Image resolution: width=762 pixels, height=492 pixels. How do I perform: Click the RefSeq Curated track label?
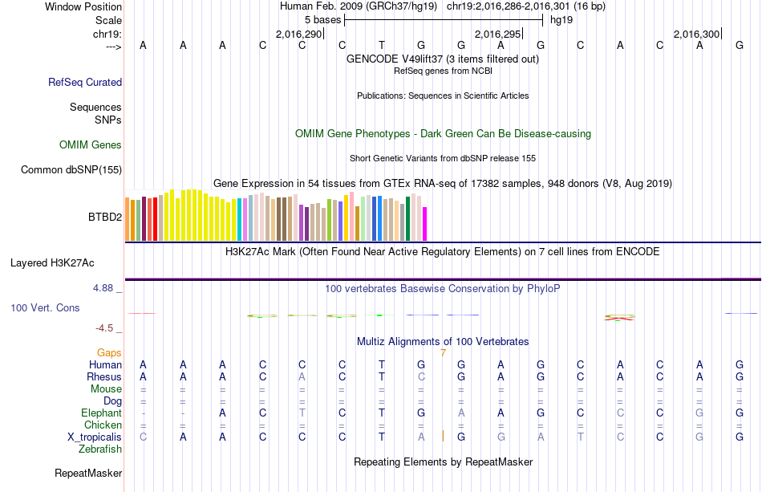85,82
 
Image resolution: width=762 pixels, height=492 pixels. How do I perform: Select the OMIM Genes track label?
91,145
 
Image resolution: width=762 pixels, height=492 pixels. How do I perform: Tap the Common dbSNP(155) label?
71,169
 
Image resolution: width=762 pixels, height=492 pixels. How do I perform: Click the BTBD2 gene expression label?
105,217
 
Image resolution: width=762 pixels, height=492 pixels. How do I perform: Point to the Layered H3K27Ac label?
52,262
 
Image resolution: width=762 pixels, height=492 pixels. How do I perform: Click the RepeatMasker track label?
88,474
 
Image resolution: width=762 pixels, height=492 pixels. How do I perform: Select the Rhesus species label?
104,376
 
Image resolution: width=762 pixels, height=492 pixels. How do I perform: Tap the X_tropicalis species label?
95,437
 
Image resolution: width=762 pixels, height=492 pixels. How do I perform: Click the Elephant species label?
101,413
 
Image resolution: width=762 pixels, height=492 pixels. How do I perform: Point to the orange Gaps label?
109,352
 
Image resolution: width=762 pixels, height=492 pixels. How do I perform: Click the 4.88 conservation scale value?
104,287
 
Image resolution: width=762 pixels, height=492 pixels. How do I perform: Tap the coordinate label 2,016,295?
497,34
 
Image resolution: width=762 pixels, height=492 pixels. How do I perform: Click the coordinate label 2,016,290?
298,34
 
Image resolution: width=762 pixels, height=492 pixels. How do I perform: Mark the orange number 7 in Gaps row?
443,352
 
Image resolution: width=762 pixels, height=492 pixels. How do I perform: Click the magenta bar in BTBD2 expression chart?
425,223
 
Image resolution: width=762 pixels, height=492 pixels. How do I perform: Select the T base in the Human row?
382,364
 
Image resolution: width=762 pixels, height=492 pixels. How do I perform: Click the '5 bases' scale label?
322,19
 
